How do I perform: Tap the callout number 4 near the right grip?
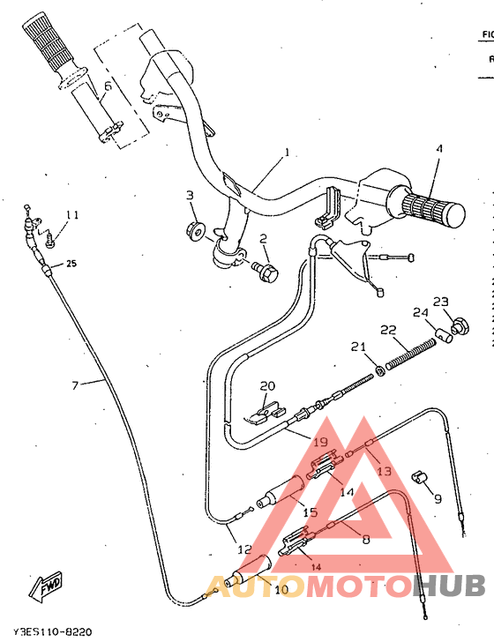click(438, 149)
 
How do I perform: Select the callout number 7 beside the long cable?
click(75, 384)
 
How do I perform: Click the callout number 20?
click(267, 385)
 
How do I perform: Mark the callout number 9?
click(437, 498)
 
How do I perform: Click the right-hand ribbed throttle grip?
click(432, 208)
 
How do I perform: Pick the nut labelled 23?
click(458, 330)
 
